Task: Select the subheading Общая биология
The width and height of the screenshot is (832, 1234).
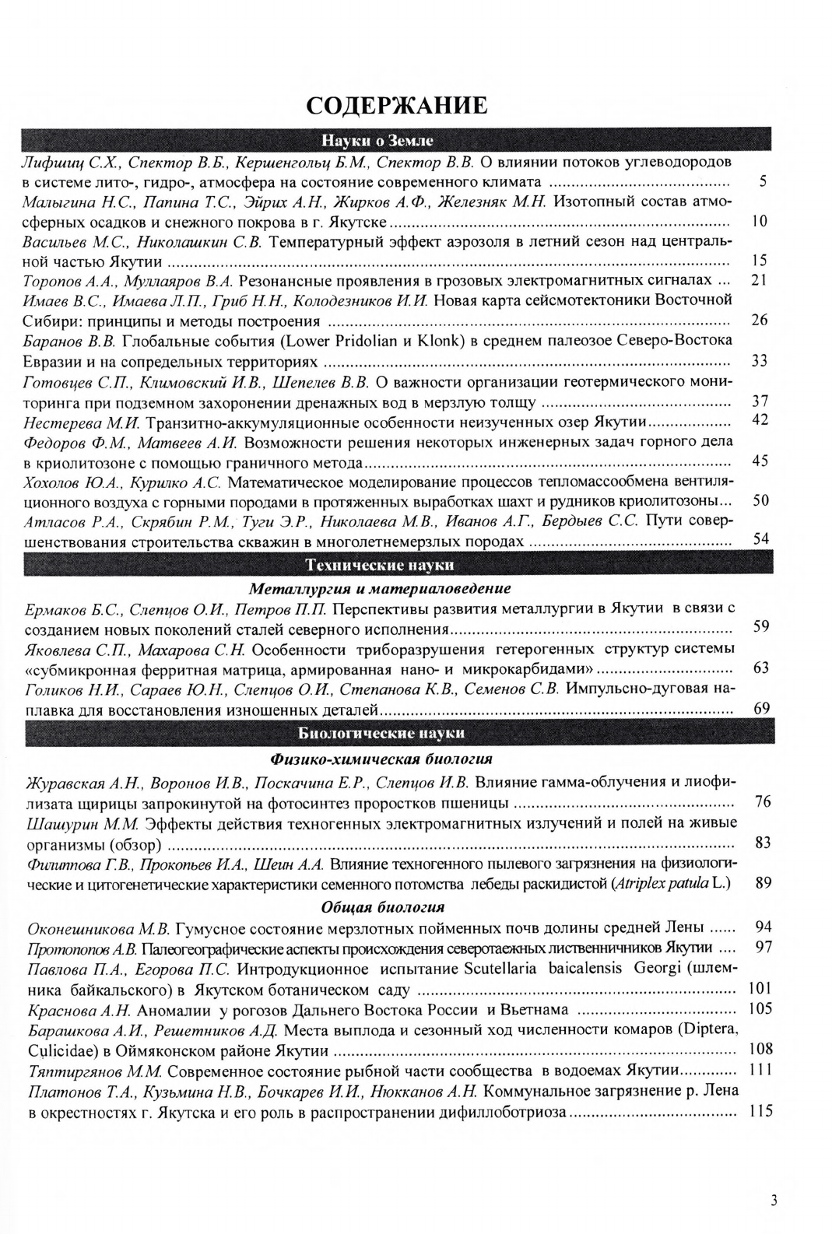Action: click(382, 906)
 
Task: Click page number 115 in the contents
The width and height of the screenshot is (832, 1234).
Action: click(760, 1111)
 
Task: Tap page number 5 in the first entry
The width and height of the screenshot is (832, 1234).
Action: click(763, 182)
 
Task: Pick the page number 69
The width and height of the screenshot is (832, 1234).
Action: click(762, 707)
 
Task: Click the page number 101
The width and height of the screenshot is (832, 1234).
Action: click(760, 989)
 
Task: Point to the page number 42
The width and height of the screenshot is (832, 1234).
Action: click(761, 420)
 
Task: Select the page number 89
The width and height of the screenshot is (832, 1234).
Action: click(763, 882)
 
